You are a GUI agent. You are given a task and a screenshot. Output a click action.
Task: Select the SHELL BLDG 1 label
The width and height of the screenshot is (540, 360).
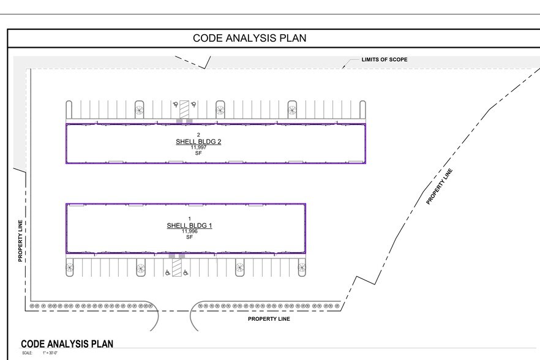[x=189, y=226]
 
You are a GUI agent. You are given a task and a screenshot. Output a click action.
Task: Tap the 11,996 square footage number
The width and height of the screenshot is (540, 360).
[x=189, y=231]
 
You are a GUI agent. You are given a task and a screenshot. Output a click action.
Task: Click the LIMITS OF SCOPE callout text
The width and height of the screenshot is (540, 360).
[x=384, y=60]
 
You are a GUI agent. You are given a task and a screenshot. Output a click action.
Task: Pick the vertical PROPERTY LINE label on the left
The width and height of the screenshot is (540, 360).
[x=20, y=241]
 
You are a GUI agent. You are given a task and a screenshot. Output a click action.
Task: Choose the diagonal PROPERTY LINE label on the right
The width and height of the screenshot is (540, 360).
[x=441, y=186]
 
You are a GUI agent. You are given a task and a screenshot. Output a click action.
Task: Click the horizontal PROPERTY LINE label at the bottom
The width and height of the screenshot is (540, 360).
[x=269, y=319]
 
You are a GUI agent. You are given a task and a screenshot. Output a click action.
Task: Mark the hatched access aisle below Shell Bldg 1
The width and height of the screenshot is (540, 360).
[x=177, y=268]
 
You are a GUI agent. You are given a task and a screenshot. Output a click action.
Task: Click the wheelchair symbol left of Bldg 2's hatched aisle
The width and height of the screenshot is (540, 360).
[x=174, y=104]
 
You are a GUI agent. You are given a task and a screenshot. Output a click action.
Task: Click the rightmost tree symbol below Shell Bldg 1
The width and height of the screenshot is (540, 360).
[x=301, y=267]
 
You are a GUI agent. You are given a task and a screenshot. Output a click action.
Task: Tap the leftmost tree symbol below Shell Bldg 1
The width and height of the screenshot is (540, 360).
[x=70, y=268]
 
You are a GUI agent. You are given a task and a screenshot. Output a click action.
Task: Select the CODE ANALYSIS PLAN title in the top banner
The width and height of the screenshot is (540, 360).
[x=250, y=38]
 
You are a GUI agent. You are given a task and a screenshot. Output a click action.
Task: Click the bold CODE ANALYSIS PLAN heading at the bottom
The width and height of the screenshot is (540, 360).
[x=67, y=344]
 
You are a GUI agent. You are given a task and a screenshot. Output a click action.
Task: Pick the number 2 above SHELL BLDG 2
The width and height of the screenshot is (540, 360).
[x=198, y=135]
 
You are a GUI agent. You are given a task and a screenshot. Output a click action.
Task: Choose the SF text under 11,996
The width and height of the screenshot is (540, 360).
[x=189, y=237]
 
